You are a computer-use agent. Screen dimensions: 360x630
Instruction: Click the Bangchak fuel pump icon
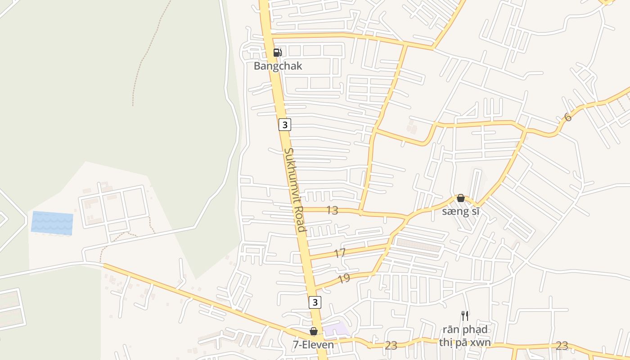pos(278,53)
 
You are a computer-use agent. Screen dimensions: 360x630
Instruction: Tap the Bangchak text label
pos(278,66)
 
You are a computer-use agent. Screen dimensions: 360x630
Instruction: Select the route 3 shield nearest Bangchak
pos(284,124)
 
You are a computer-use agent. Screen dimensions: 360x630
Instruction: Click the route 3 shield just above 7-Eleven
pos(315,302)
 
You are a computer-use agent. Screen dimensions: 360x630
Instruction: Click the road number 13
pos(332,210)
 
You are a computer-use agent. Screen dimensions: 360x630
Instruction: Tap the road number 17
pos(340,253)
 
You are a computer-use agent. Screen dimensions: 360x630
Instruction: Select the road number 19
pos(344,279)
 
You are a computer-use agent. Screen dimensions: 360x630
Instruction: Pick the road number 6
pos(568,117)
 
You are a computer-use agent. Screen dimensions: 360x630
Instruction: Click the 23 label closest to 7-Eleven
pos(391,346)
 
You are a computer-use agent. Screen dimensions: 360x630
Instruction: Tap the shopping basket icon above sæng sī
pos(460,198)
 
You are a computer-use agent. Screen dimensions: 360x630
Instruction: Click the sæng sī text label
pos(460,211)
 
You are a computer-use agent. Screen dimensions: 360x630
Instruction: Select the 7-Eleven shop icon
pos(314,332)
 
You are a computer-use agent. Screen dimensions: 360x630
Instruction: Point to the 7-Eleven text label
pos(313,345)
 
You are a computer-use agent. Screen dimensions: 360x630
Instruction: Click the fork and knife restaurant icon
pos(465,315)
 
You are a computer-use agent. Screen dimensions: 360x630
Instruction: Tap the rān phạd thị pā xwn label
pos(465,336)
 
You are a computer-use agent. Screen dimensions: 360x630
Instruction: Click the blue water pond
pos(52,223)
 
